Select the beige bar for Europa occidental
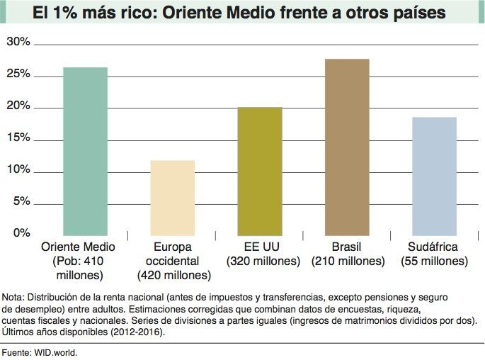tap(173, 198)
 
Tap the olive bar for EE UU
tap(260, 171)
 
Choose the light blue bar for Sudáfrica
tap(434, 176)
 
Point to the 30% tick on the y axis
tap(18, 43)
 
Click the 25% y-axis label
tap(18, 74)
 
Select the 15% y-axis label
tap(18, 138)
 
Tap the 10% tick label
tap(18, 170)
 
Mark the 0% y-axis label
tap(21, 233)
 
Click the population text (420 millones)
tap(173, 275)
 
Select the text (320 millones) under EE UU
tap(263, 261)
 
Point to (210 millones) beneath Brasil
tap(348, 261)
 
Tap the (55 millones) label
tap(434, 261)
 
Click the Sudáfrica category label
tap(433, 247)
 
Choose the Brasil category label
tap(347, 247)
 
